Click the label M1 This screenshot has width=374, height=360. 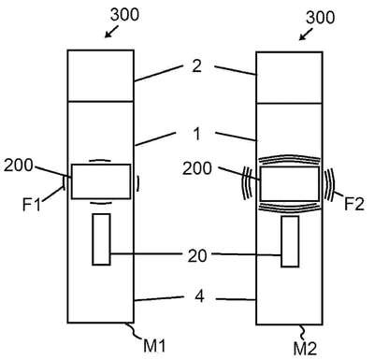point(154,346)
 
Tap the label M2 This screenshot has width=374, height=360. point(305,348)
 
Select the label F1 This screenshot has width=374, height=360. point(32,205)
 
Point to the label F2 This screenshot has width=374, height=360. point(354,204)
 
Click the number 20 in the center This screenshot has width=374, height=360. point(197,255)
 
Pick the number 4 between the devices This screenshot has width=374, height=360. point(200,295)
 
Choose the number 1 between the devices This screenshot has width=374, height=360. point(197,134)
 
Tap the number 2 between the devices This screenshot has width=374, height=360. point(196,66)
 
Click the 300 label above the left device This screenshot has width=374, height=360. point(124,15)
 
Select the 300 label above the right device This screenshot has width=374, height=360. point(321,18)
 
